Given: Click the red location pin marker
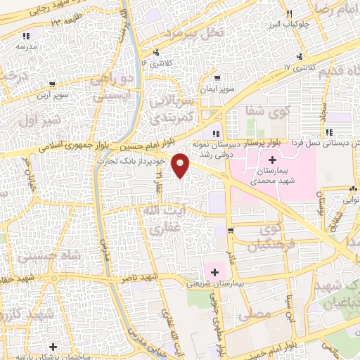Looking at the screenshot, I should click(x=181, y=165).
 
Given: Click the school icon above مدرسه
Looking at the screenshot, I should click(x=26, y=35).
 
